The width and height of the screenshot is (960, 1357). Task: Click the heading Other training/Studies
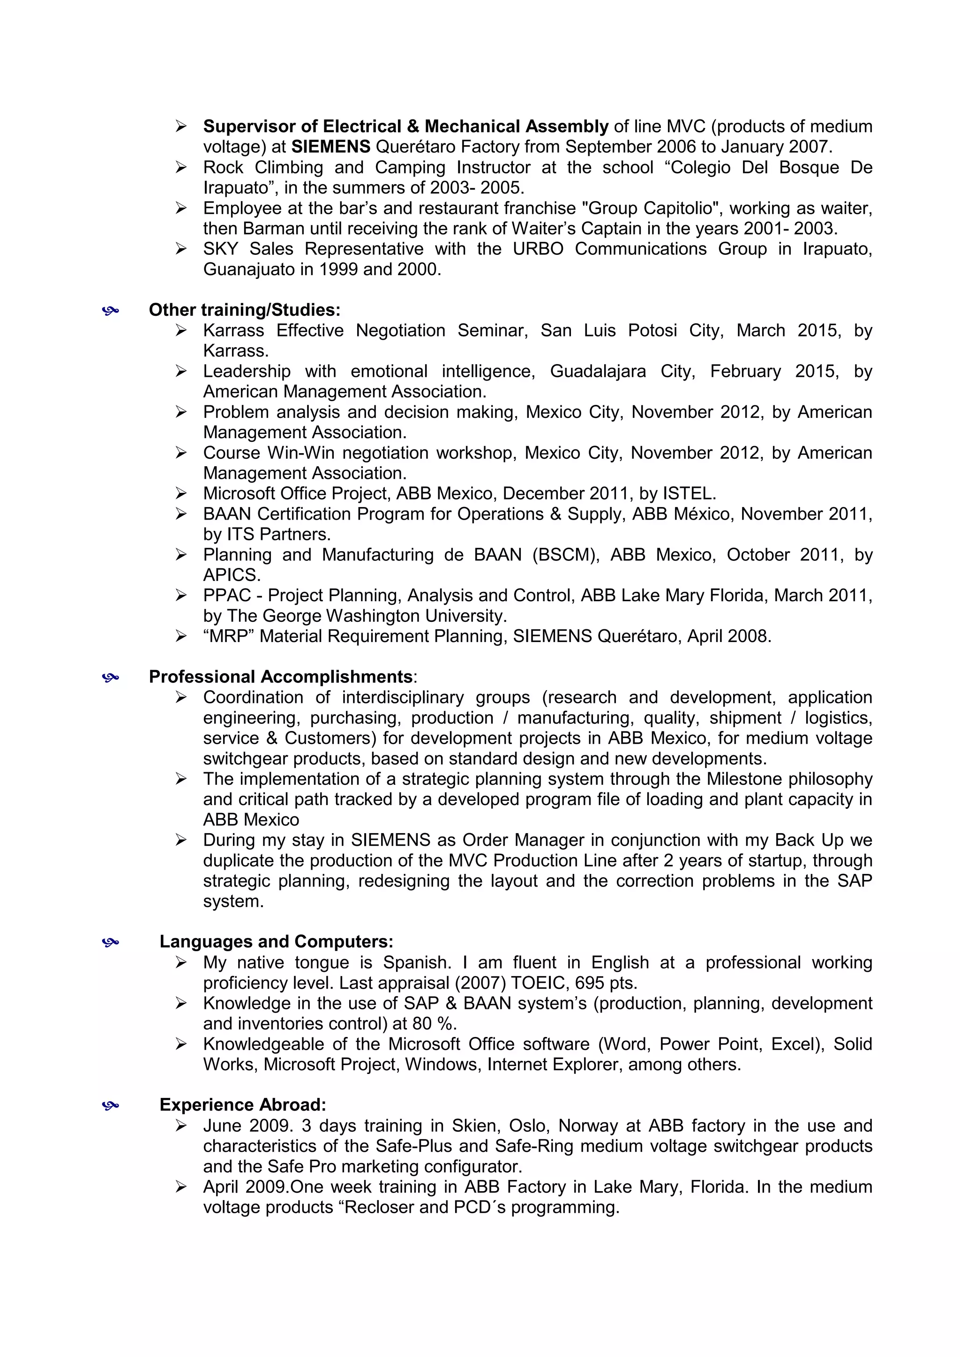click(244, 310)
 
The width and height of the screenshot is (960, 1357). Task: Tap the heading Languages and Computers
click(276, 941)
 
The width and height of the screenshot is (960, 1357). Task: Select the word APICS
click(231, 575)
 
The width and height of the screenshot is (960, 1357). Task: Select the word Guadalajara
click(598, 371)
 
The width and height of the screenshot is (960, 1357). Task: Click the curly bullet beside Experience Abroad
click(111, 1105)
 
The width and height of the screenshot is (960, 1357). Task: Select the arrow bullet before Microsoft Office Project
click(181, 493)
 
